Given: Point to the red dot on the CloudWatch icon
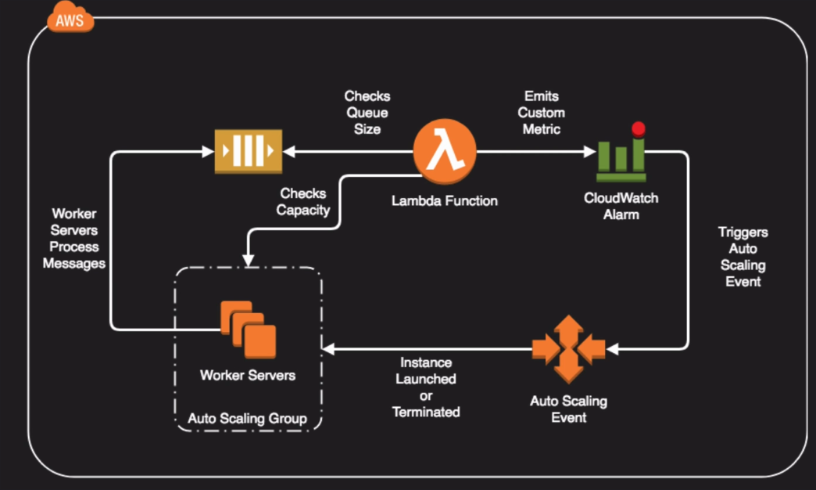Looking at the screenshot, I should pyautogui.click(x=639, y=128).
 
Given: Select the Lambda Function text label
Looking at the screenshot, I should pyautogui.click(x=444, y=201).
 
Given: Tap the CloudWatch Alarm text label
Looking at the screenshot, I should pyautogui.click(x=621, y=206).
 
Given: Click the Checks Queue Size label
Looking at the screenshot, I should pyautogui.click(x=367, y=112).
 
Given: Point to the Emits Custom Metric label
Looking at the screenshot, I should pyautogui.click(x=541, y=112).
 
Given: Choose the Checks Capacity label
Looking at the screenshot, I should pyautogui.click(x=303, y=201).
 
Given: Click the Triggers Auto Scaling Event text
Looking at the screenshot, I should pyautogui.click(x=743, y=257).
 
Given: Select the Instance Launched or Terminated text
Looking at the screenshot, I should pyautogui.click(x=426, y=387).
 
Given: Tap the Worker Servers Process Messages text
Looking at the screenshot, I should pyautogui.click(x=74, y=238).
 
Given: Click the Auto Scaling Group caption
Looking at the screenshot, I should pyautogui.click(x=247, y=419).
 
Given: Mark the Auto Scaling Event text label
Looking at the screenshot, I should pyautogui.click(x=568, y=409).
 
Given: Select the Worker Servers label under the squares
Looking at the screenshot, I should pyautogui.click(x=248, y=376).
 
